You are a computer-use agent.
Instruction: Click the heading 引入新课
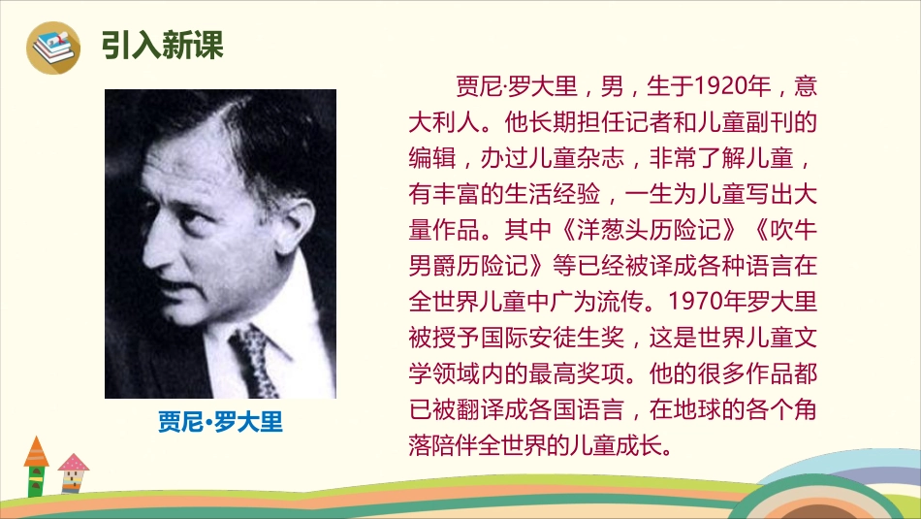click(x=162, y=45)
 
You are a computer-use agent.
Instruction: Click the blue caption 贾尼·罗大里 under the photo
click(x=220, y=423)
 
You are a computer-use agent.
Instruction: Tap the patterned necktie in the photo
click(x=254, y=359)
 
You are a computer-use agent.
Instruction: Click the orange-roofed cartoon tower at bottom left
click(x=36, y=466)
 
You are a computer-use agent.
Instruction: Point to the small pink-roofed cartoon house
click(x=72, y=473)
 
